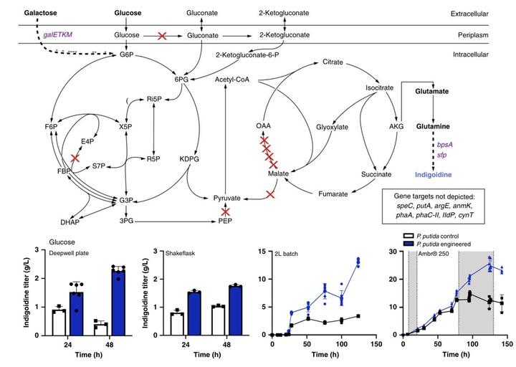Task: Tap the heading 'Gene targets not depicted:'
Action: tap(437, 195)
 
